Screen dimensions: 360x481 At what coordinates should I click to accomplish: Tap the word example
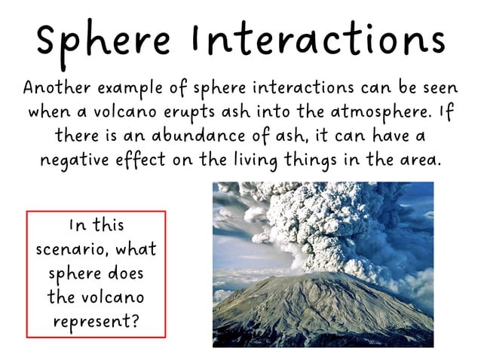pos(136,87)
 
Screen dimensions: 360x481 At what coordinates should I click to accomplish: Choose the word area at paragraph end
pos(420,161)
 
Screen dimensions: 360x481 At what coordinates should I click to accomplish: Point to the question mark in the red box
pos(134,321)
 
